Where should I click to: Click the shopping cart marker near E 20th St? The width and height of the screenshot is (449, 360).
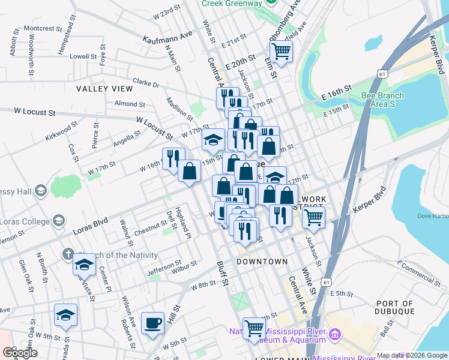(281, 51)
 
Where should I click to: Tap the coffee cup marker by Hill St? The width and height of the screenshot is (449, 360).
(152, 323)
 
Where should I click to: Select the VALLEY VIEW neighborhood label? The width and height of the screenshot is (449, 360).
(104, 88)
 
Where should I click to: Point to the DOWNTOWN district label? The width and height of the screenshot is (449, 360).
(262, 262)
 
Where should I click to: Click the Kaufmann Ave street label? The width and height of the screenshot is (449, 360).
(167, 37)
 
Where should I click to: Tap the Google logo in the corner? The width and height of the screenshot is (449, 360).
(20, 353)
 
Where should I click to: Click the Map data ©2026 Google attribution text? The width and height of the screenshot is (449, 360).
(412, 356)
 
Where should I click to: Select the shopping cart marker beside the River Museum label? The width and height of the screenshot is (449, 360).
(255, 328)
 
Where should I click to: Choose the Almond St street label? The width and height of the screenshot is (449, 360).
(126, 103)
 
